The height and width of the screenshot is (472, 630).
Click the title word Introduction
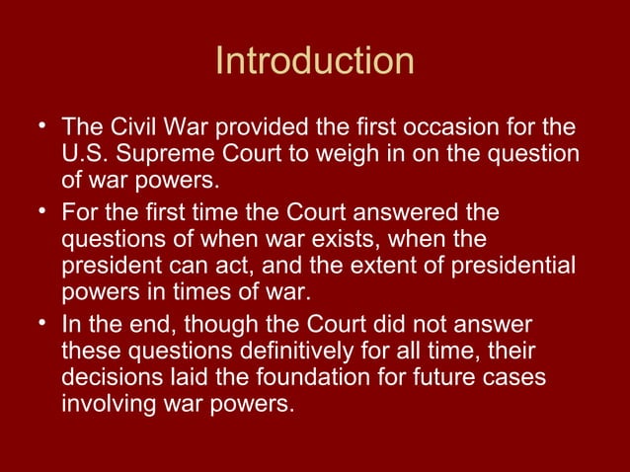point(314,61)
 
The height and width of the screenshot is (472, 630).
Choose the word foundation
point(295,377)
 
